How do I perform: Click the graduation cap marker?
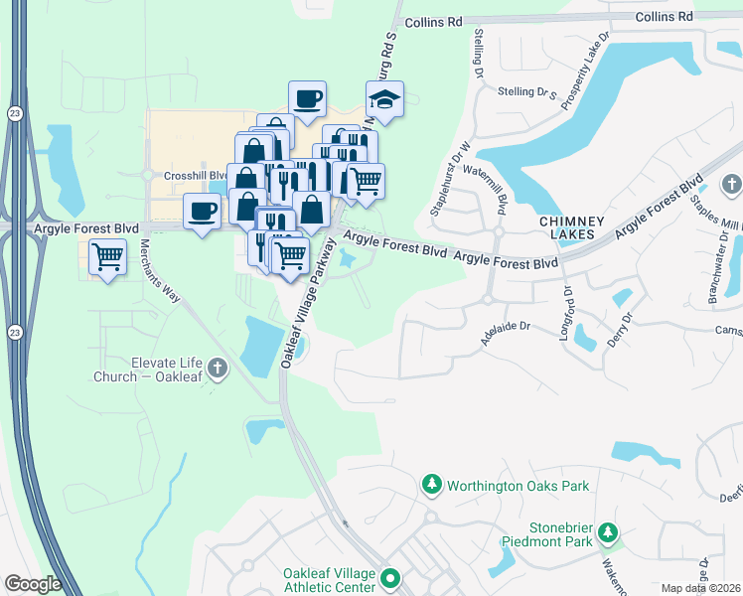(x=383, y=100)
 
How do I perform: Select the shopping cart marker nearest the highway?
(x=107, y=258)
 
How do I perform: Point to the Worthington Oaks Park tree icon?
(x=432, y=486)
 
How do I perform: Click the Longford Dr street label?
(x=567, y=314)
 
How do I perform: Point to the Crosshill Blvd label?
(x=177, y=175)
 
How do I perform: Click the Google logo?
(x=33, y=584)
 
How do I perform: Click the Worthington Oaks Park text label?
(x=518, y=486)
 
